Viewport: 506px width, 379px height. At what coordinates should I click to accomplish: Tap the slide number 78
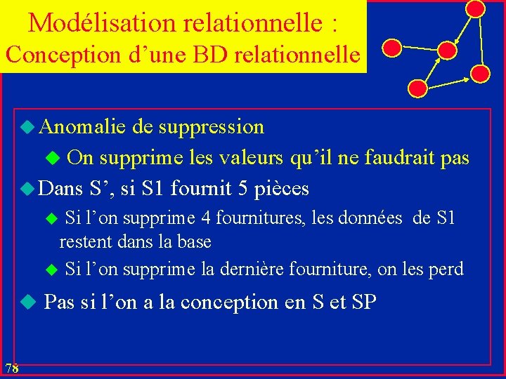[11, 368]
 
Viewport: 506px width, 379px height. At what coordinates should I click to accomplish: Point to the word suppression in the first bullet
[212, 128]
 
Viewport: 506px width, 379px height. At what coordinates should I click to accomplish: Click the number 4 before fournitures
[206, 218]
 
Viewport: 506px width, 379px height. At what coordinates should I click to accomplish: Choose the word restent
[86, 242]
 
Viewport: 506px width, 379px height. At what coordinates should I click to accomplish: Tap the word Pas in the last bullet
[60, 302]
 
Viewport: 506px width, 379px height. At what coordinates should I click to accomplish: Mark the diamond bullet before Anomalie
[26, 127]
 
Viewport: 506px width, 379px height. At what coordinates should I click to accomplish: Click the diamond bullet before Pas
[26, 302]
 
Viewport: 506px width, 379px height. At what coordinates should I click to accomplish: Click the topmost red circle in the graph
[476, 8]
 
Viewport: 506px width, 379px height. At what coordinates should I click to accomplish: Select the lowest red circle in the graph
[417, 88]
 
